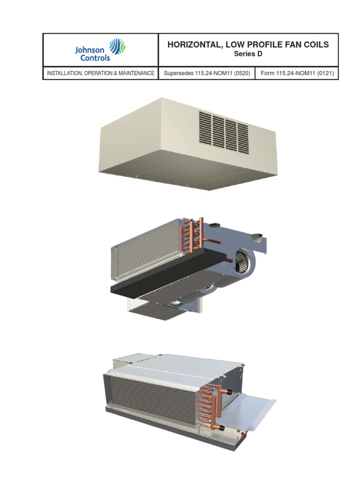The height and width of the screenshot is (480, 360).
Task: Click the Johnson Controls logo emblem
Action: point(117,47)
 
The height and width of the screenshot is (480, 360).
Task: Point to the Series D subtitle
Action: point(248,55)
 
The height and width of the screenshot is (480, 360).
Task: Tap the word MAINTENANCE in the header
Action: point(136,74)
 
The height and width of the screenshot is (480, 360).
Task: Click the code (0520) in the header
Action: point(241,74)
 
